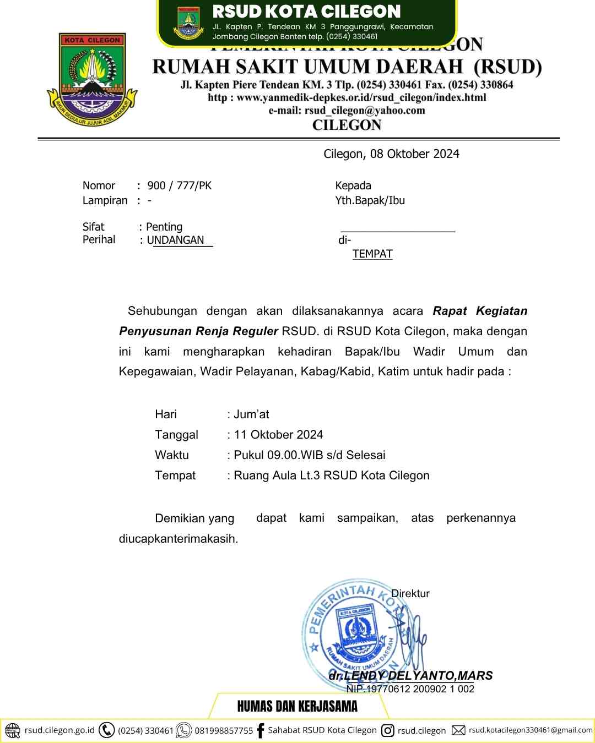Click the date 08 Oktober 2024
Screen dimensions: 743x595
(x=415, y=154)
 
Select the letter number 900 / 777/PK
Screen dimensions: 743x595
(x=180, y=186)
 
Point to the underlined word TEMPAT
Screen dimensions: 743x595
(x=372, y=254)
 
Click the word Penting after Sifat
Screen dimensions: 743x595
(x=164, y=227)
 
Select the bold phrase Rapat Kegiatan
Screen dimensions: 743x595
(x=480, y=311)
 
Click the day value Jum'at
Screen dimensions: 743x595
(x=251, y=414)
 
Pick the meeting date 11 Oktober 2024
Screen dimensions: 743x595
(x=278, y=435)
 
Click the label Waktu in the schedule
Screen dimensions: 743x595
(x=172, y=455)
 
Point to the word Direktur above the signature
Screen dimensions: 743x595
(x=410, y=594)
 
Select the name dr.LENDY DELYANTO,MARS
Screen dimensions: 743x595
(x=410, y=676)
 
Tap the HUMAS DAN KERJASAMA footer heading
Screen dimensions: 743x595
(x=297, y=706)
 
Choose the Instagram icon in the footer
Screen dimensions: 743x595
(x=388, y=730)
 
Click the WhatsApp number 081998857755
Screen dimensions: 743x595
(x=224, y=731)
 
